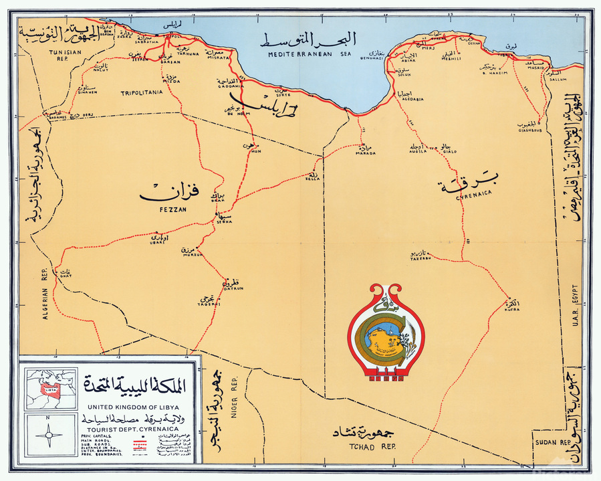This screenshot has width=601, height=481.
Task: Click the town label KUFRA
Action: click(x=511, y=310)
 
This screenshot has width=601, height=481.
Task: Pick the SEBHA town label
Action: click(x=224, y=222)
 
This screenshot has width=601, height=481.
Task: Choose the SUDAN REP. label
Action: click(x=552, y=443)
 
